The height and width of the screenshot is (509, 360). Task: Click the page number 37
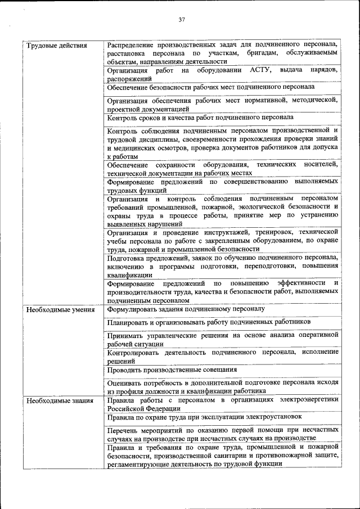tap(182, 20)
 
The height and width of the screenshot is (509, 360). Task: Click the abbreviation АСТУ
tap(260, 70)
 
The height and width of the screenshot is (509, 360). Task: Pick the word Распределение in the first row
tap(133, 44)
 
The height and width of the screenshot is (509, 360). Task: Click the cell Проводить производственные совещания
tap(172, 370)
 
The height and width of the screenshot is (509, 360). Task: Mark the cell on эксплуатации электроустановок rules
tap(205, 417)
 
